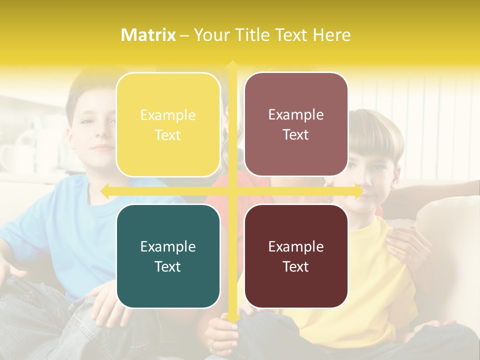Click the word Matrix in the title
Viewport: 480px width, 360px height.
[148, 35]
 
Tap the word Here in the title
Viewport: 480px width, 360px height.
[331, 35]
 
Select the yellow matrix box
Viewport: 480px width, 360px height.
[168, 124]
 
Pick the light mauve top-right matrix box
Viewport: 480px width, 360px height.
[296, 124]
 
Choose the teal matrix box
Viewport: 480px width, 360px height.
[168, 256]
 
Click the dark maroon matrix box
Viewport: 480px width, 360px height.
[296, 256]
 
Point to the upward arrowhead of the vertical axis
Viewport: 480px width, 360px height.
[232, 64]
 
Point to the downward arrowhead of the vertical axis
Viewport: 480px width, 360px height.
[232, 319]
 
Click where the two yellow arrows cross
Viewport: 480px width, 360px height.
[232, 190]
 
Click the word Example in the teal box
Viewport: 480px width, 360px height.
[168, 246]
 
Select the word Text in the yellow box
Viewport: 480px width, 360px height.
[168, 135]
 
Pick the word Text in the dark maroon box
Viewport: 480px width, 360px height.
[296, 266]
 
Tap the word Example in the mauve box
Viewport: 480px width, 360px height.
[296, 114]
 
